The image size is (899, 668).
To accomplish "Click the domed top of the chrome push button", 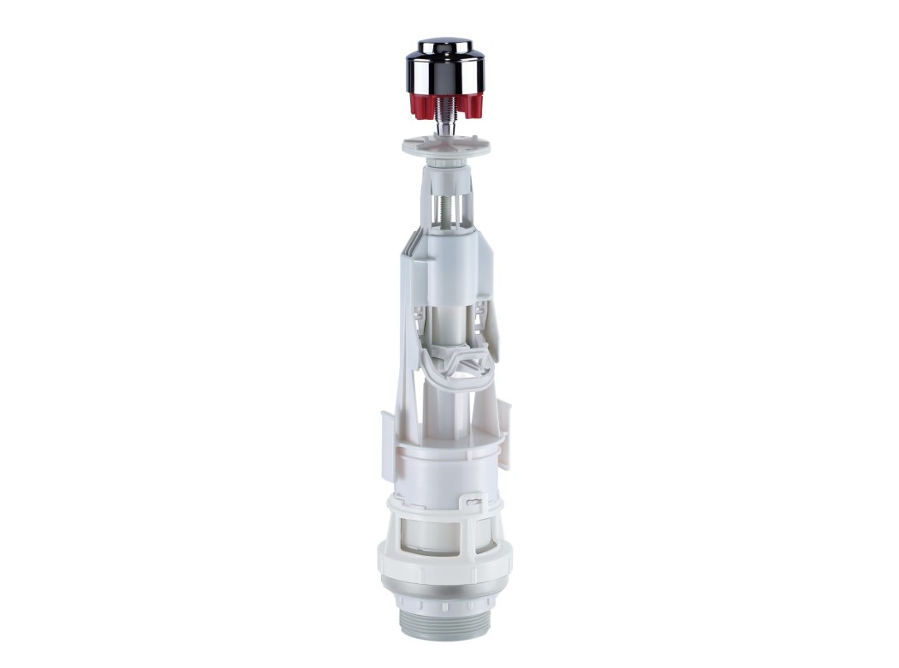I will (444, 45).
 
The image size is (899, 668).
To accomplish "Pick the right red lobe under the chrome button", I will (470, 106).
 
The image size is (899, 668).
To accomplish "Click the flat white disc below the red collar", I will (445, 144).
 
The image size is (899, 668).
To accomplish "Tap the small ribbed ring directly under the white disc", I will (445, 159).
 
